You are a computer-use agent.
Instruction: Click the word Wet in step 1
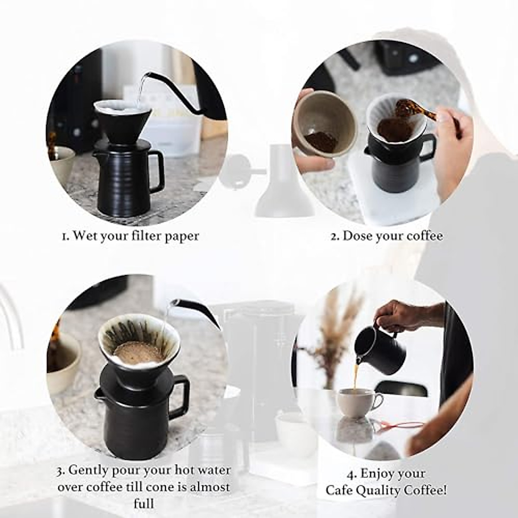[x=85, y=236]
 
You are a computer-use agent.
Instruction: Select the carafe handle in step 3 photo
[x=180, y=397]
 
